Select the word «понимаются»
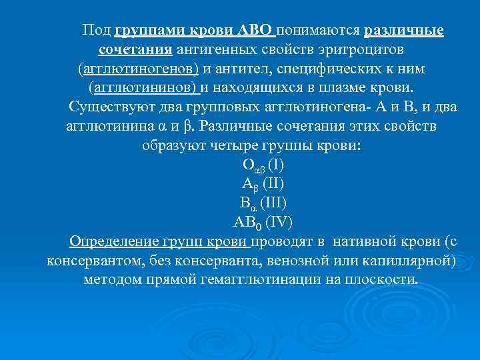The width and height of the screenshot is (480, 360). click(318, 31)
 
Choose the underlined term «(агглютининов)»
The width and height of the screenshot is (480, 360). click(143, 87)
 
